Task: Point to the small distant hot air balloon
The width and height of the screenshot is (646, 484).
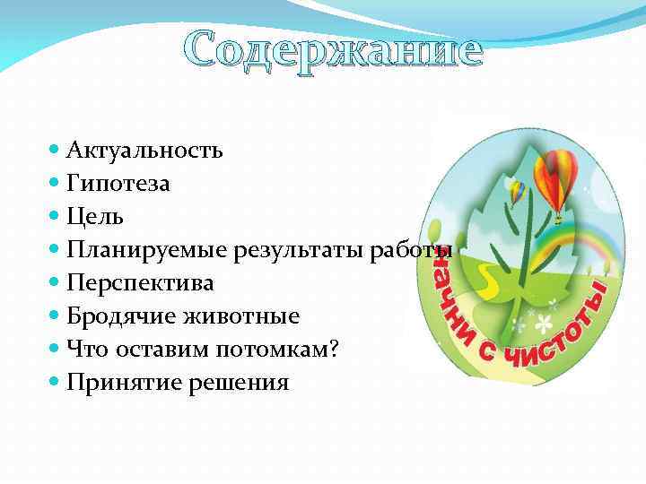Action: click(518, 191)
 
